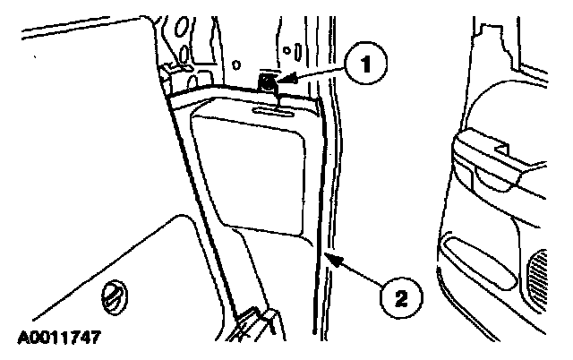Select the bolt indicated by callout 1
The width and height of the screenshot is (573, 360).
pos(268,84)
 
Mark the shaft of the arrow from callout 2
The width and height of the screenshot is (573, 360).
pos(358,272)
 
